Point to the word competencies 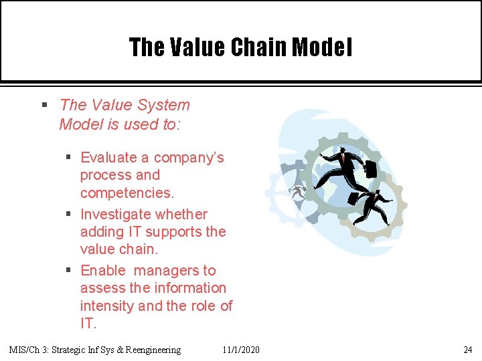click(127, 193)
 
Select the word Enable click(103, 271)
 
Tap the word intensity click(106, 306)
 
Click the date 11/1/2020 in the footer click(242, 350)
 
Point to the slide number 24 click(467, 350)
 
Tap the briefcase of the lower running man click(353, 199)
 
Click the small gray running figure click(297, 193)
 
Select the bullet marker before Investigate click(69, 215)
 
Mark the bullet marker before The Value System click(44, 105)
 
